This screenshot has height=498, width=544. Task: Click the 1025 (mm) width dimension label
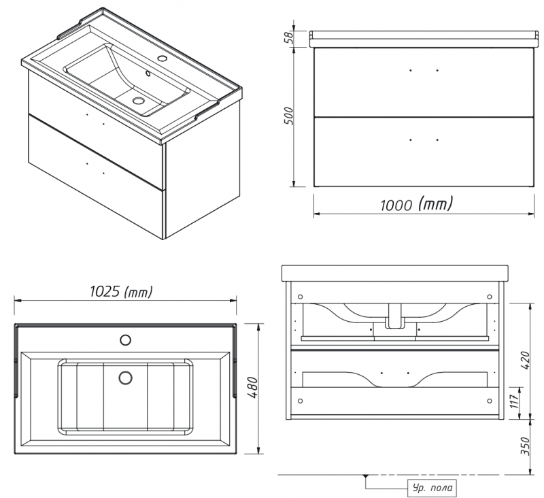click(121, 291)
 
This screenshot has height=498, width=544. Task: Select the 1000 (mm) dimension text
click(417, 204)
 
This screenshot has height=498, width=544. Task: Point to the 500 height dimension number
click(288, 116)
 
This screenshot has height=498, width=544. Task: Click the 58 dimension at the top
click(289, 37)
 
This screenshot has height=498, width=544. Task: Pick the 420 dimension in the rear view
click(525, 360)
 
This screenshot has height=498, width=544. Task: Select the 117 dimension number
click(515, 401)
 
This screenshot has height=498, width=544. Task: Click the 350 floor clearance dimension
click(525, 446)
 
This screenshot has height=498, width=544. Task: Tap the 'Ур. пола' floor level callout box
click(432, 488)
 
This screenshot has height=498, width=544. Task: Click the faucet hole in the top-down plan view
click(125, 339)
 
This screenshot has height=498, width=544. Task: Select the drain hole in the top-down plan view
click(125, 378)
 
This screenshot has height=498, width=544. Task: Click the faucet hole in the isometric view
click(162, 58)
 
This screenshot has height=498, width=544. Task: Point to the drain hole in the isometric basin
click(139, 100)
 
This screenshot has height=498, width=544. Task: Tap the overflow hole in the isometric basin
click(148, 73)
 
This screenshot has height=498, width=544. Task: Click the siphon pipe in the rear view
click(395, 316)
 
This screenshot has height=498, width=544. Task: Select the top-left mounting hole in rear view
click(301, 297)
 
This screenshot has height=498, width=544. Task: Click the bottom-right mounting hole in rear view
click(490, 401)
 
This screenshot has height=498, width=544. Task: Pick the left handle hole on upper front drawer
click(411, 71)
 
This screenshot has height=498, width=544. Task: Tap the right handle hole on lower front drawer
click(437, 140)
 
